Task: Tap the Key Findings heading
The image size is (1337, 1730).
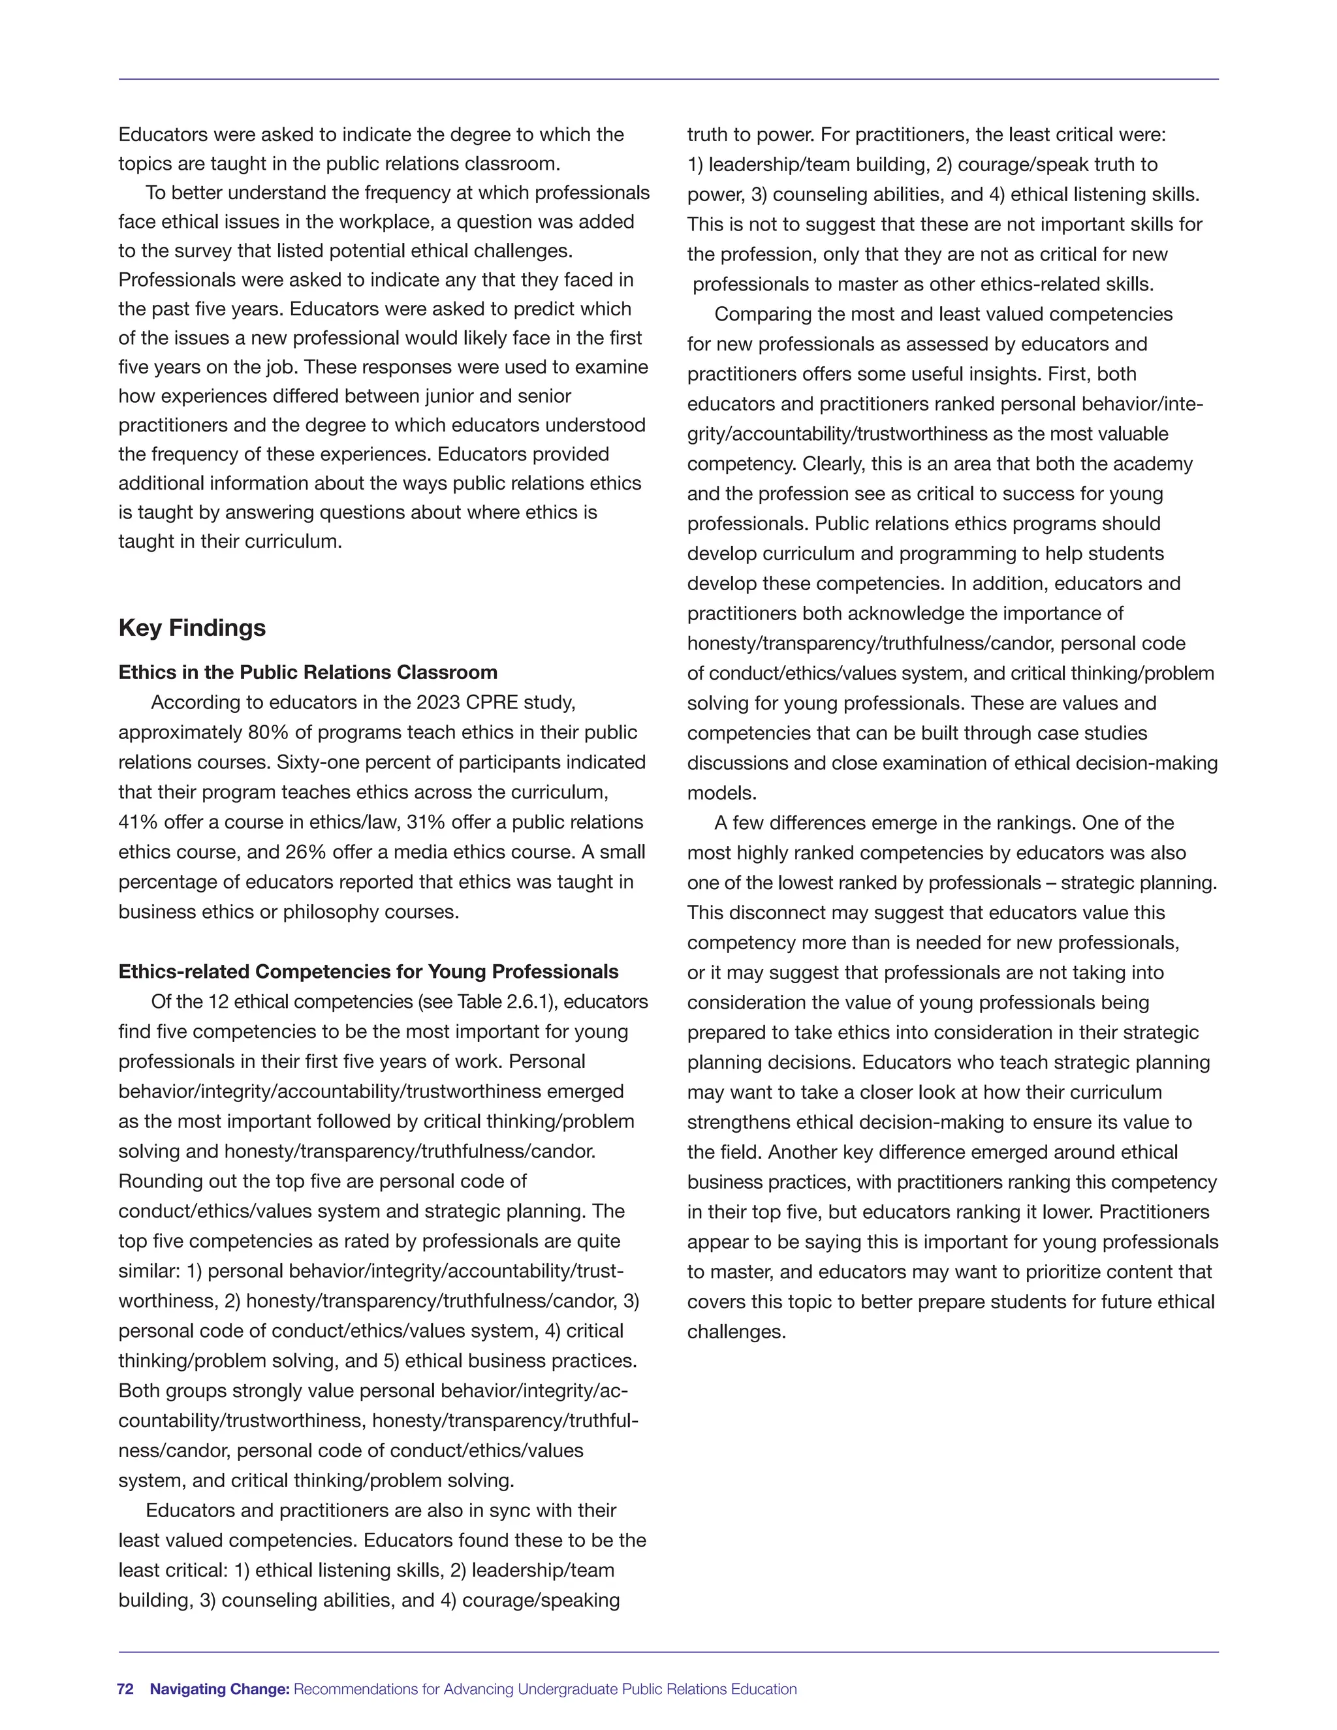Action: pos(192,627)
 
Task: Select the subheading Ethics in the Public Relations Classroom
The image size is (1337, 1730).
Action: pos(307,672)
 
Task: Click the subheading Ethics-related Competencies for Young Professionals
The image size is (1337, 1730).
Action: pos(368,972)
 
